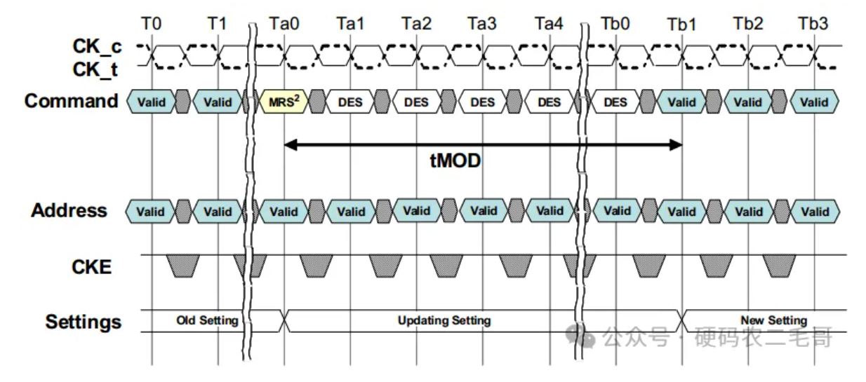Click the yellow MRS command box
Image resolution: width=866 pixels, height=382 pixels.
coord(284,102)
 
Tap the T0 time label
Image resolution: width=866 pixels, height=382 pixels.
coord(151,24)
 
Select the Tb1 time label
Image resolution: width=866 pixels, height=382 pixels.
coord(682,25)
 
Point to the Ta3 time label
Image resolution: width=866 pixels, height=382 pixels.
coord(482,24)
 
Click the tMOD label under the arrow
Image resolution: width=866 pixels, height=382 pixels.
coord(455,161)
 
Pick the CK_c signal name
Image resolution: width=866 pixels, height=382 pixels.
coord(97,47)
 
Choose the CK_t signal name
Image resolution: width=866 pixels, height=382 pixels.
coord(95,70)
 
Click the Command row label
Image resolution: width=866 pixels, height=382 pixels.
coord(71,101)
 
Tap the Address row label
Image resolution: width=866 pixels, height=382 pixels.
coord(69,210)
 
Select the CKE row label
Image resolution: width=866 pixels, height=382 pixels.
coord(92,267)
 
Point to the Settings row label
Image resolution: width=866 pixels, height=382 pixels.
coord(83,322)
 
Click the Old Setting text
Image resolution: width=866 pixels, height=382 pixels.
coord(207,320)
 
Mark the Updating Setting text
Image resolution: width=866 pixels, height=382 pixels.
coord(444,320)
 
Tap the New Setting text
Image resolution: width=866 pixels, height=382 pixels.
coord(774,320)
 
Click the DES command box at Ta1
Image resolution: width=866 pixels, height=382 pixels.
coord(350,102)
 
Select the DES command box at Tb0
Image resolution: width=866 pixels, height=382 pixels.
coord(615,102)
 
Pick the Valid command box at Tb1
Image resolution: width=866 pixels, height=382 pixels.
coord(682,102)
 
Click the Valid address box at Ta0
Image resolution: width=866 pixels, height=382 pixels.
coord(284,211)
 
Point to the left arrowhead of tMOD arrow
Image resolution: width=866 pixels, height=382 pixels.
coord(291,145)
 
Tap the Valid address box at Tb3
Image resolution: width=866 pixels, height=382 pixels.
coord(815,211)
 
